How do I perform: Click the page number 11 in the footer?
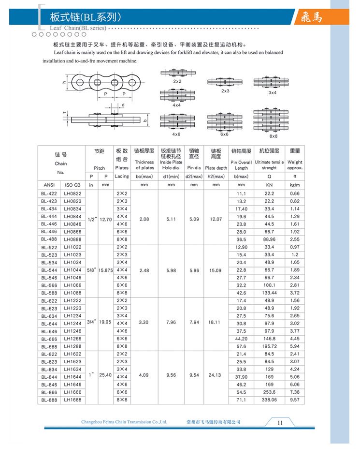pyautogui.click(x=280, y=422)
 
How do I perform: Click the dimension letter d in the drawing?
pyautogui.click(x=123, y=104)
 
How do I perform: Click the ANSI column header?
pyautogui.click(x=49, y=184)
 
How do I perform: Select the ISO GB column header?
pyautogui.click(x=72, y=184)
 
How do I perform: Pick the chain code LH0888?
pyautogui.click(x=72, y=239)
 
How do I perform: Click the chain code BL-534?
pyautogui.click(x=49, y=262)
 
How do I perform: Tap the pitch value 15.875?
pyautogui.click(x=105, y=270)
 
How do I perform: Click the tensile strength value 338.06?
pyautogui.click(x=269, y=400)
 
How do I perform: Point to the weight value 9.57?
pyautogui.click(x=295, y=400)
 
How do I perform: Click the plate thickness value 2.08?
pyautogui.click(x=144, y=219)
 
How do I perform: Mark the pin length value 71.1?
pyautogui.click(x=242, y=400)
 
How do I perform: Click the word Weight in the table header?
pyautogui.click(x=295, y=162)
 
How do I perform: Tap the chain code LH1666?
pyautogui.click(x=72, y=392)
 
